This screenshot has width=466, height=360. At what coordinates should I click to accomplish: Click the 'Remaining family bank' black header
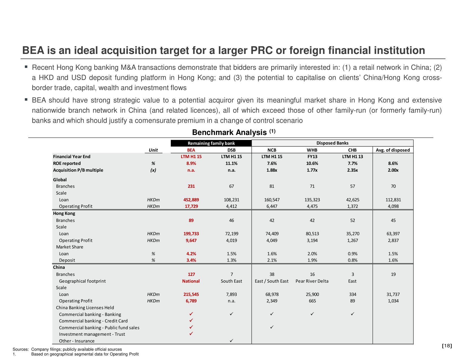(211, 143)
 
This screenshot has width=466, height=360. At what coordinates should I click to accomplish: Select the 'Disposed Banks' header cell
(332, 143)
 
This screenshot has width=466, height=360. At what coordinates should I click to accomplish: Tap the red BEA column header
(191, 150)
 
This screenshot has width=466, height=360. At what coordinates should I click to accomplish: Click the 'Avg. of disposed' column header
(393, 150)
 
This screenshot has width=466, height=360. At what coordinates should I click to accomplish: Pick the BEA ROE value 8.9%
(191, 163)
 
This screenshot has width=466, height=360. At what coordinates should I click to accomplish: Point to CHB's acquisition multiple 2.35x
(352, 170)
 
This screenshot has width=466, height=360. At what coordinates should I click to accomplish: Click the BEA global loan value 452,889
(191, 200)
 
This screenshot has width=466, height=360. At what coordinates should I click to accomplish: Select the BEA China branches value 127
(191, 274)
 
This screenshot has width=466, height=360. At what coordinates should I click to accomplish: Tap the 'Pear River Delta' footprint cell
(312, 281)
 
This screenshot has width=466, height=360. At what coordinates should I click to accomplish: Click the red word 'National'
(191, 281)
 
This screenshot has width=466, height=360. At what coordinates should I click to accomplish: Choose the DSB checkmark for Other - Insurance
(231, 341)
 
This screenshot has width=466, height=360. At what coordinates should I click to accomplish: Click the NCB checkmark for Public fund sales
(272, 327)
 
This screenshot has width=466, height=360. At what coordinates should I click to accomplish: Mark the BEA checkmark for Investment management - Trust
(191, 334)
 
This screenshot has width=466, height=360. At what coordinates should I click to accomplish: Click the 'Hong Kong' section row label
(64, 213)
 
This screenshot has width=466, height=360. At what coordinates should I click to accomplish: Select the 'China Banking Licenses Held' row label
(85, 307)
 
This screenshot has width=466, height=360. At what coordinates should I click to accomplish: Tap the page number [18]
(447, 346)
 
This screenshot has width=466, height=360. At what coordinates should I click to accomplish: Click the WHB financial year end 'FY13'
(312, 156)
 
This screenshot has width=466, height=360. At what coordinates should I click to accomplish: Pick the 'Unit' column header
(153, 150)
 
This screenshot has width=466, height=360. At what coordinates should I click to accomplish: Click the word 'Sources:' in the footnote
(21, 349)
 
